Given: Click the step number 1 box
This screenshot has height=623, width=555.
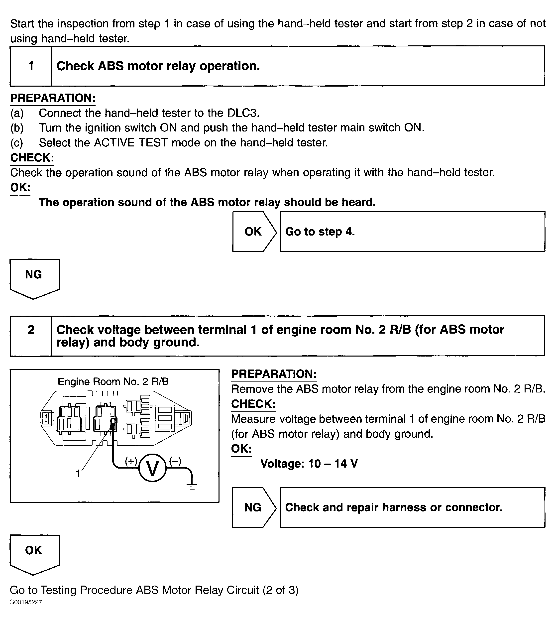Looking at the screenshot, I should pyautogui.click(x=31, y=66).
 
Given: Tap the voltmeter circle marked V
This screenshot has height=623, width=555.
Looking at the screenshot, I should pyautogui.click(x=152, y=468).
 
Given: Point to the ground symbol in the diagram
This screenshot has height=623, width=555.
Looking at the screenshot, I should pyautogui.click(x=192, y=486).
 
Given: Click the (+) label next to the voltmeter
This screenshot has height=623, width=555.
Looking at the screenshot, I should pyautogui.click(x=131, y=461).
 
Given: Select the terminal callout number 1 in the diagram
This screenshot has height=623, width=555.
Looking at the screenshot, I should pyautogui.click(x=78, y=474).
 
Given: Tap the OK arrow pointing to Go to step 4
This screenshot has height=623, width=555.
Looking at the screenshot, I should pyautogui.click(x=254, y=232).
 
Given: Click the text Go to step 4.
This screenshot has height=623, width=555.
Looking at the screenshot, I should pyautogui.click(x=320, y=232).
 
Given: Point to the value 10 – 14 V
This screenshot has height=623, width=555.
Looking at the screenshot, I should pyautogui.click(x=333, y=464).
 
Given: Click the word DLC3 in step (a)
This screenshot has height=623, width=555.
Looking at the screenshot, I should pyautogui.click(x=243, y=113).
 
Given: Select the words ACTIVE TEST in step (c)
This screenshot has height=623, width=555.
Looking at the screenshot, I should pyautogui.click(x=131, y=143).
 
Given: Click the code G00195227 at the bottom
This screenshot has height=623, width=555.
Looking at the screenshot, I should pyautogui.click(x=26, y=602).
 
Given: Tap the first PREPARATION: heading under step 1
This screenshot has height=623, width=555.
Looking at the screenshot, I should pyautogui.click(x=53, y=98).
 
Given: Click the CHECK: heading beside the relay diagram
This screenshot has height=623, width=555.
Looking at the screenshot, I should pyautogui.click(x=253, y=404).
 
